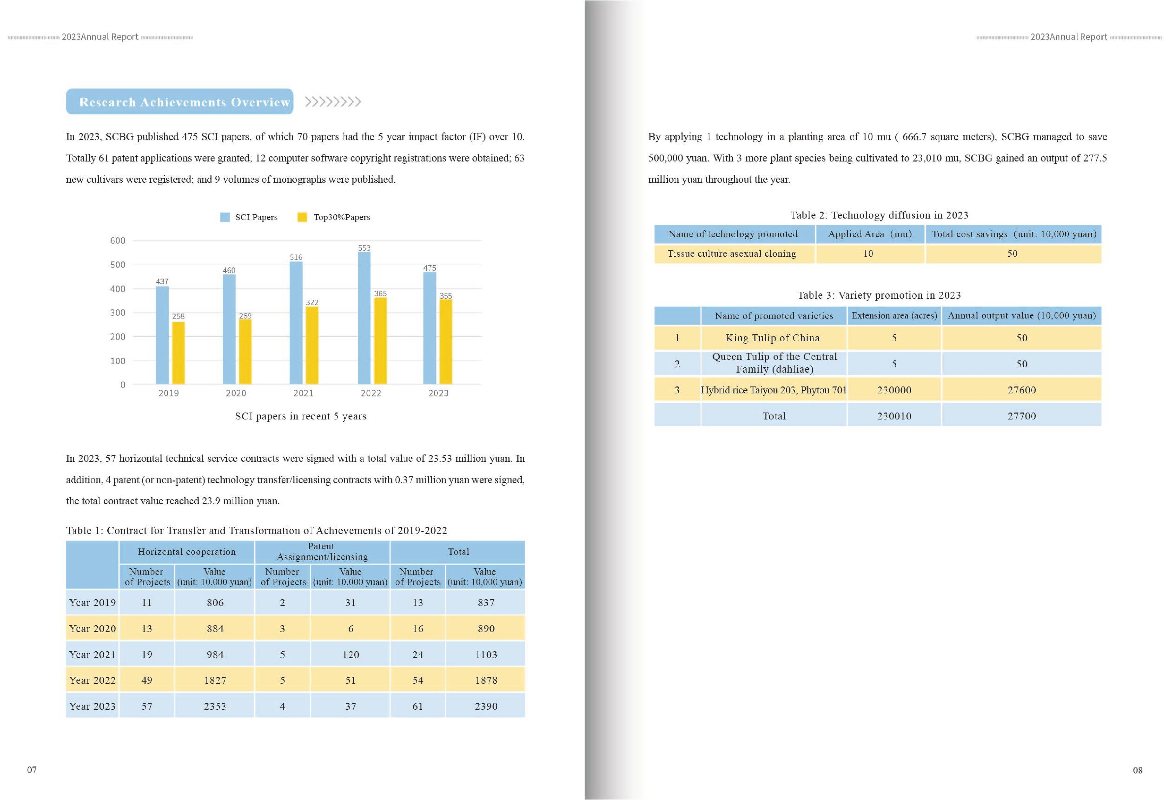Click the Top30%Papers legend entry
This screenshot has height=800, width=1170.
(334, 217)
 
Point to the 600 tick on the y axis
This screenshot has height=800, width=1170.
(118, 241)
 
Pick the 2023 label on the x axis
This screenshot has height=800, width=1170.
(438, 393)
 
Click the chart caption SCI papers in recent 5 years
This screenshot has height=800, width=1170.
(300, 416)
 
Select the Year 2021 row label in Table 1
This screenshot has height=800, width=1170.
(92, 654)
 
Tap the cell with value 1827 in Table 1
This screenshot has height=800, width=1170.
(215, 680)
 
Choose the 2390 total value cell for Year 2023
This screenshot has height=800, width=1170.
(486, 706)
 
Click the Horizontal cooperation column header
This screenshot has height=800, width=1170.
(187, 552)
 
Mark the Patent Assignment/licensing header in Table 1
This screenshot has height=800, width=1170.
(322, 552)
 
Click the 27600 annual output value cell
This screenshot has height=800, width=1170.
(1021, 390)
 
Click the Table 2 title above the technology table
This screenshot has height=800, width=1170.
(879, 215)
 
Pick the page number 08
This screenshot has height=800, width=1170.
(1137, 770)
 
